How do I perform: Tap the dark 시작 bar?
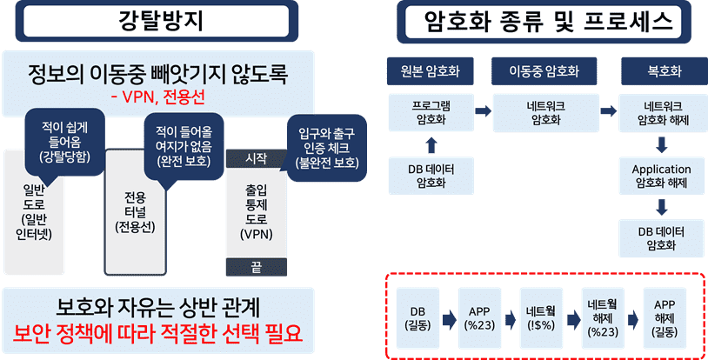[x=256, y=158]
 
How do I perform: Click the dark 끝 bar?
[x=256, y=267]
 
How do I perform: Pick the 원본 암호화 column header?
[x=431, y=70]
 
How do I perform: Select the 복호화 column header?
[x=665, y=70]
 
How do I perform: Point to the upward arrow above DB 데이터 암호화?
[x=431, y=142]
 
